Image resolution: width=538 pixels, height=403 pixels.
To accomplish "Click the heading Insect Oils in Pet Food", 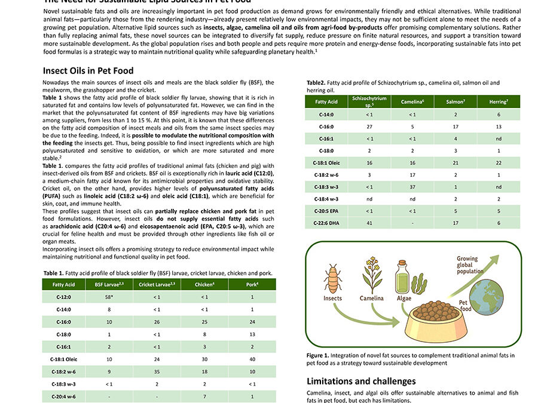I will pyautogui.click(x=88, y=70).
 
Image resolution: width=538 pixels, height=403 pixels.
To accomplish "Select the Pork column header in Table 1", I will pyautogui.click(x=252, y=285).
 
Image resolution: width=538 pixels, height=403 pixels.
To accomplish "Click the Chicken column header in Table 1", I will pyautogui.click(x=204, y=285).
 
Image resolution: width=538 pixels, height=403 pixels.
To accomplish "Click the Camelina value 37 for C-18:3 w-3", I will pyautogui.click(x=412, y=187).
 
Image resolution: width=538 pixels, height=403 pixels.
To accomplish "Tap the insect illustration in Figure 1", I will pyautogui.click(x=333, y=278).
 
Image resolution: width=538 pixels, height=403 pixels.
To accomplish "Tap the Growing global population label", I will pyautogui.click(x=470, y=265).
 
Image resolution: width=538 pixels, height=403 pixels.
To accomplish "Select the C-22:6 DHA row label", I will pyautogui.click(x=326, y=223).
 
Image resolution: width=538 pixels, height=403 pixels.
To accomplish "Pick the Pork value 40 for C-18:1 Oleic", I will pyautogui.click(x=252, y=359).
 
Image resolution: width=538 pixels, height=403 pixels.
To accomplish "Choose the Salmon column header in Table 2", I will pyautogui.click(x=455, y=102).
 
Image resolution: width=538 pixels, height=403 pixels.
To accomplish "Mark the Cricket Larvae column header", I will pyautogui.click(x=157, y=285).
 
